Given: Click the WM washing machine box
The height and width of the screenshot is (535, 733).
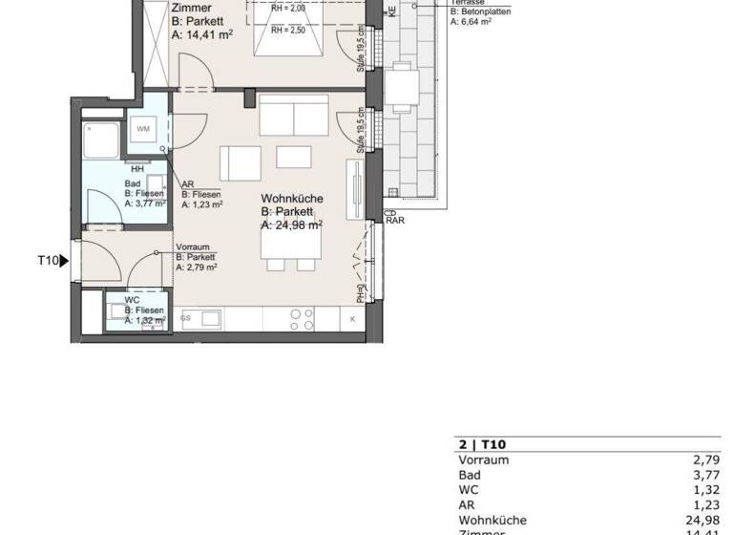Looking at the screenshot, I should [144, 129].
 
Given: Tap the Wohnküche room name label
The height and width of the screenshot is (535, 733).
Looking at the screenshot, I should [292, 199].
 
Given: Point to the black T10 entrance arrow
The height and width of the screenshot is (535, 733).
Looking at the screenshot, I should [65, 260].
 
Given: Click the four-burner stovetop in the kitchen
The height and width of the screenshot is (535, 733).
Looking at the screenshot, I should [302, 318].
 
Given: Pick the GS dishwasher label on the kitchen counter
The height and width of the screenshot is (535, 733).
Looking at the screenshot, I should [185, 317].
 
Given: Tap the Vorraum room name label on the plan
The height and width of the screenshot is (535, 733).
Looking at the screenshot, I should [192, 246].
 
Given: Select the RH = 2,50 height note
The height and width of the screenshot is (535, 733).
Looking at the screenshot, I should [287, 31].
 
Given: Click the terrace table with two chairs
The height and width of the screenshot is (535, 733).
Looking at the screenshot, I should [401, 90].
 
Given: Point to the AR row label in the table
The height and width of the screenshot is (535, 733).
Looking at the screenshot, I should [467, 504].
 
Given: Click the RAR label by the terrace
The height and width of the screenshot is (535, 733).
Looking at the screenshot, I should [394, 221].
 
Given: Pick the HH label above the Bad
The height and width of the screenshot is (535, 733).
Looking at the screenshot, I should [136, 169].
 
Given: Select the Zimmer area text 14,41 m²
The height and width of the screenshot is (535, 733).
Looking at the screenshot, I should [201, 34].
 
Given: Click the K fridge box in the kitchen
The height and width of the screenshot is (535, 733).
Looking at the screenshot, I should [352, 318].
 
